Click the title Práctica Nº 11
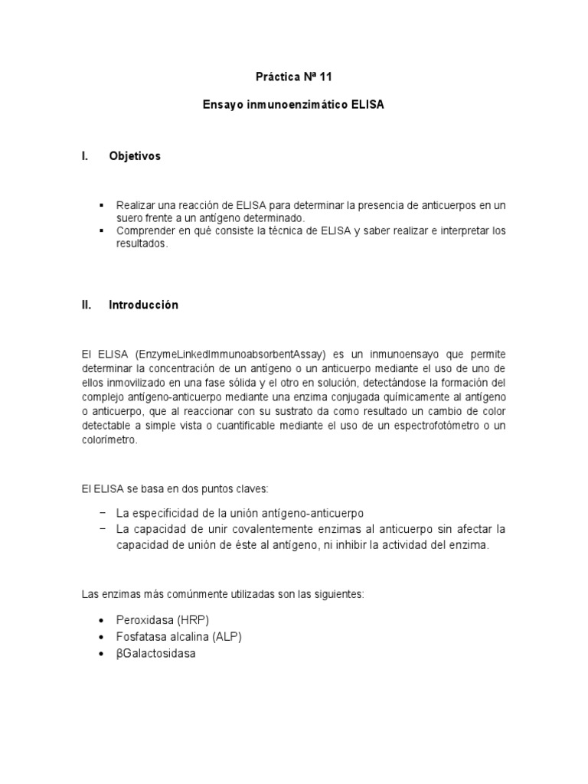[294, 77]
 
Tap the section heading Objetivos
[136, 155]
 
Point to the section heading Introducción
[144, 305]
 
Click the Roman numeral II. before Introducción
[87, 305]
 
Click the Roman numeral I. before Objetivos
[84, 155]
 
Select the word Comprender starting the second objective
[145, 231]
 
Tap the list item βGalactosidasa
[155, 655]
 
